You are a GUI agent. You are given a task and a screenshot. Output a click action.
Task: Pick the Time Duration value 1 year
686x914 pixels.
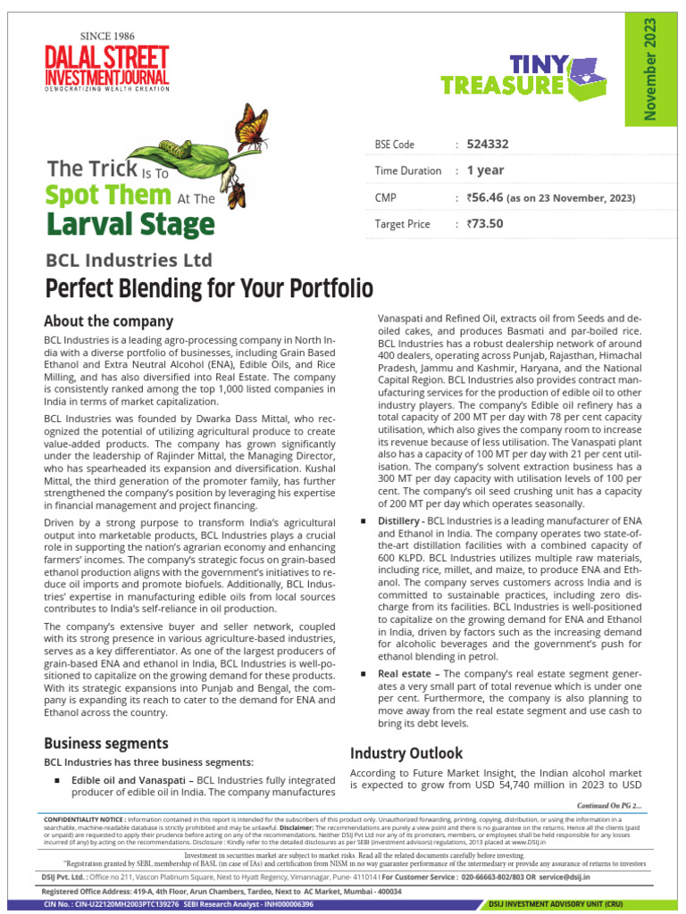click(x=485, y=170)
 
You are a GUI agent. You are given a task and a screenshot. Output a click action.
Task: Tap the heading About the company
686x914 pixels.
click(x=108, y=321)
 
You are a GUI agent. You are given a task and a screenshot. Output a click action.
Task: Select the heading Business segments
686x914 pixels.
click(x=106, y=743)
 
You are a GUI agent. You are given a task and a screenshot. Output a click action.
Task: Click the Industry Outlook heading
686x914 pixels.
click(x=406, y=752)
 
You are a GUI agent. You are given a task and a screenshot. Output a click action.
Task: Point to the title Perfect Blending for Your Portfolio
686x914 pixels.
click(x=208, y=289)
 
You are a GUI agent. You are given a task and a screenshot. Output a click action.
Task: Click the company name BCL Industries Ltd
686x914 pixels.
click(x=129, y=261)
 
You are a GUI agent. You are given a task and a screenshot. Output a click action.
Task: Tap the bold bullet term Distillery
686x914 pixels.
click(x=399, y=519)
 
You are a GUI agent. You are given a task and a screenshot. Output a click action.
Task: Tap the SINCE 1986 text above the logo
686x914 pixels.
click(x=107, y=36)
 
